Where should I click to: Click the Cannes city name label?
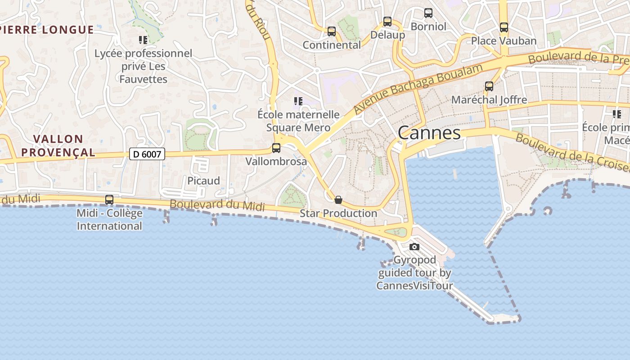[x=429, y=133]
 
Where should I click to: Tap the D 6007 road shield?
[x=147, y=154]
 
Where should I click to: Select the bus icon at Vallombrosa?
[x=276, y=148]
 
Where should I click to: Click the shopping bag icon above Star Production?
[x=338, y=199]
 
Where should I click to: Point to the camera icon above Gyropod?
[x=414, y=247]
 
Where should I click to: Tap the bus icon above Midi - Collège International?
[x=109, y=199]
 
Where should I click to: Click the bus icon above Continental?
[x=332, y=31]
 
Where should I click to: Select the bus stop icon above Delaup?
[x=387, y=21]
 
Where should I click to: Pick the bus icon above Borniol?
[x=428, y=13]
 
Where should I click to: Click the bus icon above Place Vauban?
[x=504, y=27]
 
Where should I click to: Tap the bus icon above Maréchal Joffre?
[x=489, y=86]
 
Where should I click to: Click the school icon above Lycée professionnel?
[x=143, y=40]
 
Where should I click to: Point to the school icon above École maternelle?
[x=298, y=101]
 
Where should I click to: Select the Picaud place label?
[x=204, y=181]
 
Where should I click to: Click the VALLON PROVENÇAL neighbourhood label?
[x=58, y=145]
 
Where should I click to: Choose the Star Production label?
[x=338, y=213]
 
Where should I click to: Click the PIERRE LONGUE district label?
[x=47, y=30]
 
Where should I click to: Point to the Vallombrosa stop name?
[x=276, y=161]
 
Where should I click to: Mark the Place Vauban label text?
[x=504, y=41]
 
